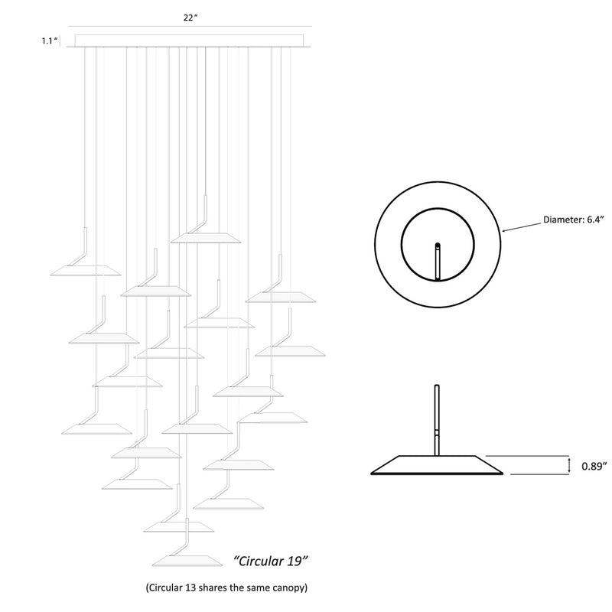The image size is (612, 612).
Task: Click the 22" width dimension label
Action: coord(190,18)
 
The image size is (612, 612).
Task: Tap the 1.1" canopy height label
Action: coord(50,41)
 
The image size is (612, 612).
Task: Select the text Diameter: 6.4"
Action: coord(573,220)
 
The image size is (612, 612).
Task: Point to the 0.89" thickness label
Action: coord(594,466)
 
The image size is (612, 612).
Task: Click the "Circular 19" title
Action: coord(271,561)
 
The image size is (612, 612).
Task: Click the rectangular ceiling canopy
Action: coord(189,41)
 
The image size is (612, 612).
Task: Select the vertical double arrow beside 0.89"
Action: coord(569,465)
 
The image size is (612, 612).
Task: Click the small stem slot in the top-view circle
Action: coord(438,261)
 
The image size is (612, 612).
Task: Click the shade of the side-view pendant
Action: coord(437,465)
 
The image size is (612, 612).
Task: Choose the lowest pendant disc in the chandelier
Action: coord(187,561)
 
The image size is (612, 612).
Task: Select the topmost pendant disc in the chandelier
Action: coord(206,238)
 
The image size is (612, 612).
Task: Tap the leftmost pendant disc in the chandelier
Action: coord(86,271)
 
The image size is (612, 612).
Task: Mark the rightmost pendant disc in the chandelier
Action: coord(290,351)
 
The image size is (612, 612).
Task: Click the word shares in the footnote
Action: coord(213,587)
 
